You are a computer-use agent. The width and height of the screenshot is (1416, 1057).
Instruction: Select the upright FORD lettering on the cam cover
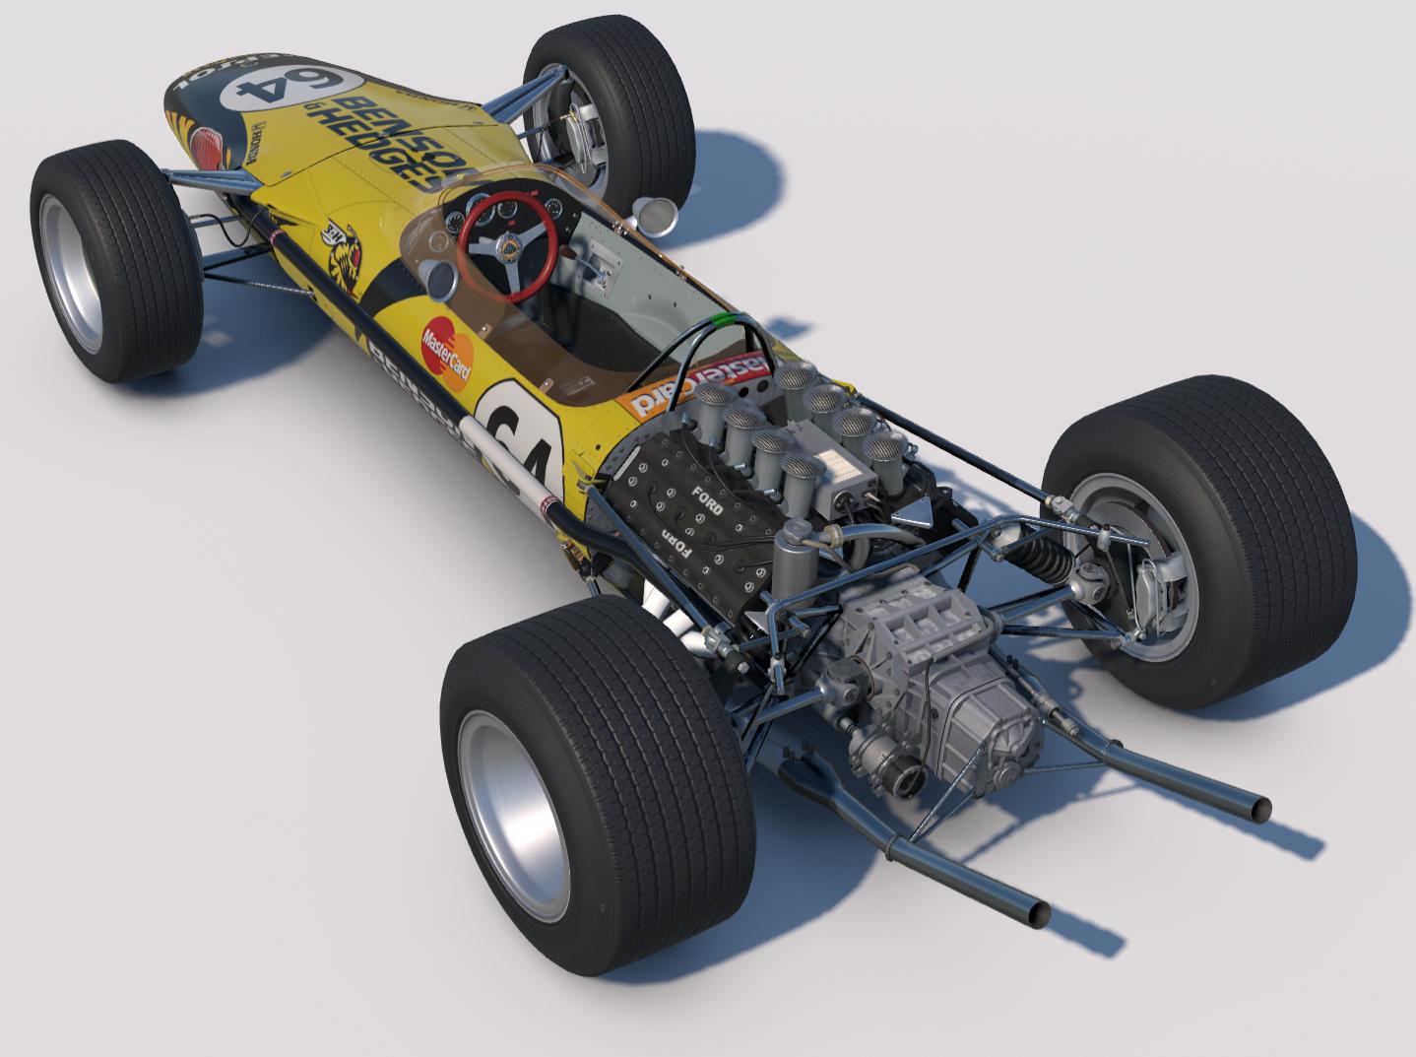[x=708, y=499]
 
